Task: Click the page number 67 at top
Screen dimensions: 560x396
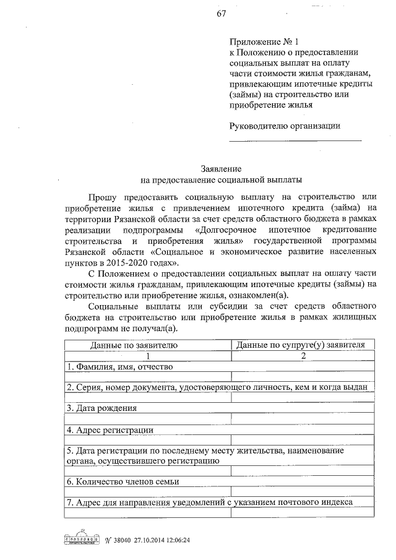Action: click(221, 15)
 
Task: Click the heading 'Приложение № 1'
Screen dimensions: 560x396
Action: click(264, 42)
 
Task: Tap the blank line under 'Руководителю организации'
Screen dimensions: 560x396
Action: click(295, 140)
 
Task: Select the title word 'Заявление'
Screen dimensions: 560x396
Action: click(221, 169)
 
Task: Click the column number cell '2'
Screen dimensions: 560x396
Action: click(303, 355)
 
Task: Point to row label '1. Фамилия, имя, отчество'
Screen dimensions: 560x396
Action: click(119, 366)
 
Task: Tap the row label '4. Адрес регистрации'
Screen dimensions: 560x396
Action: click(110, 429)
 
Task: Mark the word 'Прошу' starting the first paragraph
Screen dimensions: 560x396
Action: click(101, 196)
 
